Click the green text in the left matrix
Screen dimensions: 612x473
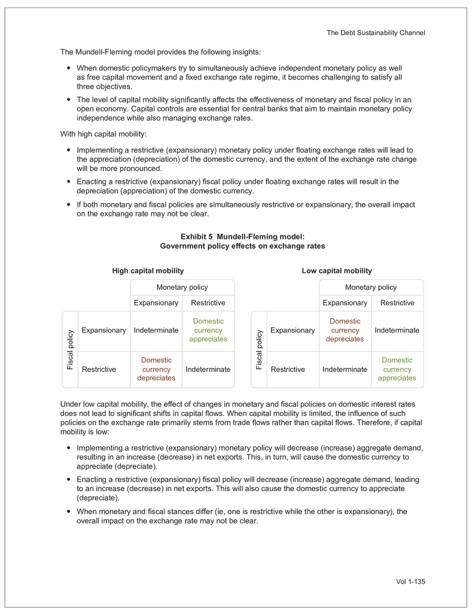(x=209, y=330)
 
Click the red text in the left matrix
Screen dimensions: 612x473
(x=157, y=369)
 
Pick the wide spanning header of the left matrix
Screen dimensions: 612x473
(x=181, y=285)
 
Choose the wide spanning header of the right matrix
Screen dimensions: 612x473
(x=372, y=285)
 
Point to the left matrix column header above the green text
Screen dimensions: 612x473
(x=209, y=304)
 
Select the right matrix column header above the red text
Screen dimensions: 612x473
(x=347, y=304)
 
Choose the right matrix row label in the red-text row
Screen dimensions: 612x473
(x=294, y=330)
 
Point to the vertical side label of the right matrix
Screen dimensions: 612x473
(x=260, y=349)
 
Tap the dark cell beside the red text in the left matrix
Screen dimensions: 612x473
(x=209, y=369)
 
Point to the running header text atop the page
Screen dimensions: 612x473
(x=378, y=33)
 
